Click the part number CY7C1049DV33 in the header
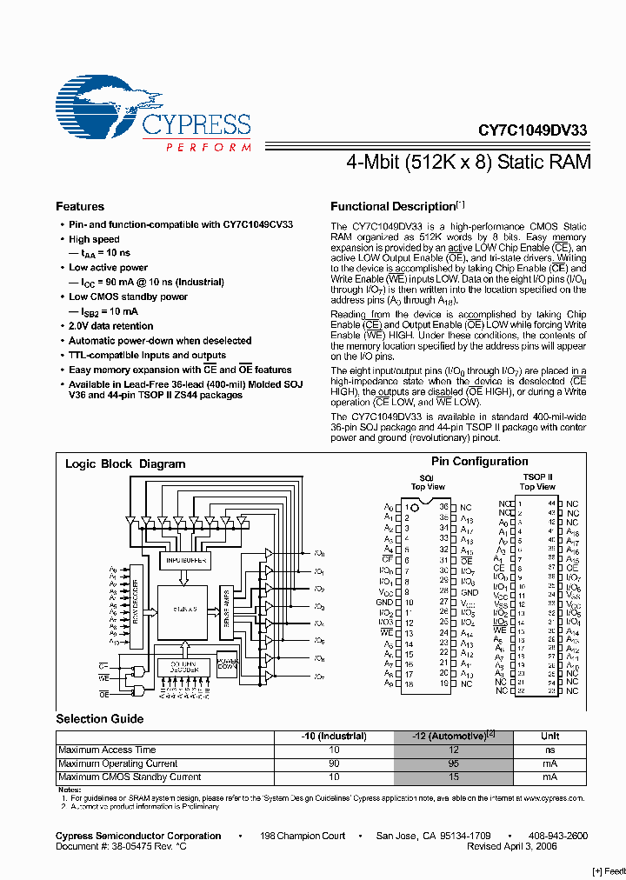533,130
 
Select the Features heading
80,207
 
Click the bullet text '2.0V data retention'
110,326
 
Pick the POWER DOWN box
226,663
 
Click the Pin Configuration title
479,462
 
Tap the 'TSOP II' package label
537,477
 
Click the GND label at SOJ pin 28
469,592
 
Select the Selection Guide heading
100,719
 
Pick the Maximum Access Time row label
107,750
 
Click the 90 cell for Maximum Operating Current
334,763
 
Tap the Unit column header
550,737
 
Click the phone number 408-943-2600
558,836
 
